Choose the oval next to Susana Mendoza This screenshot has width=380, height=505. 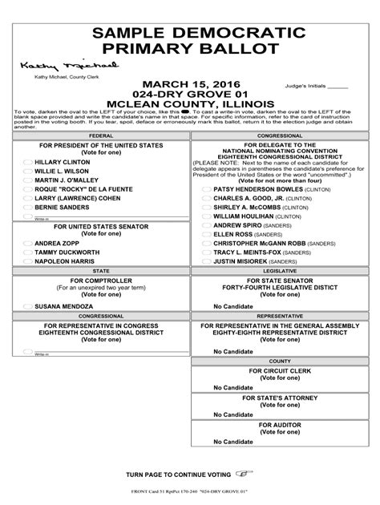pos(27,306)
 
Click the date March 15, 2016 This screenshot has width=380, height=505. pos(189,84)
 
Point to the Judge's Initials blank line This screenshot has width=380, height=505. pos(338,86)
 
